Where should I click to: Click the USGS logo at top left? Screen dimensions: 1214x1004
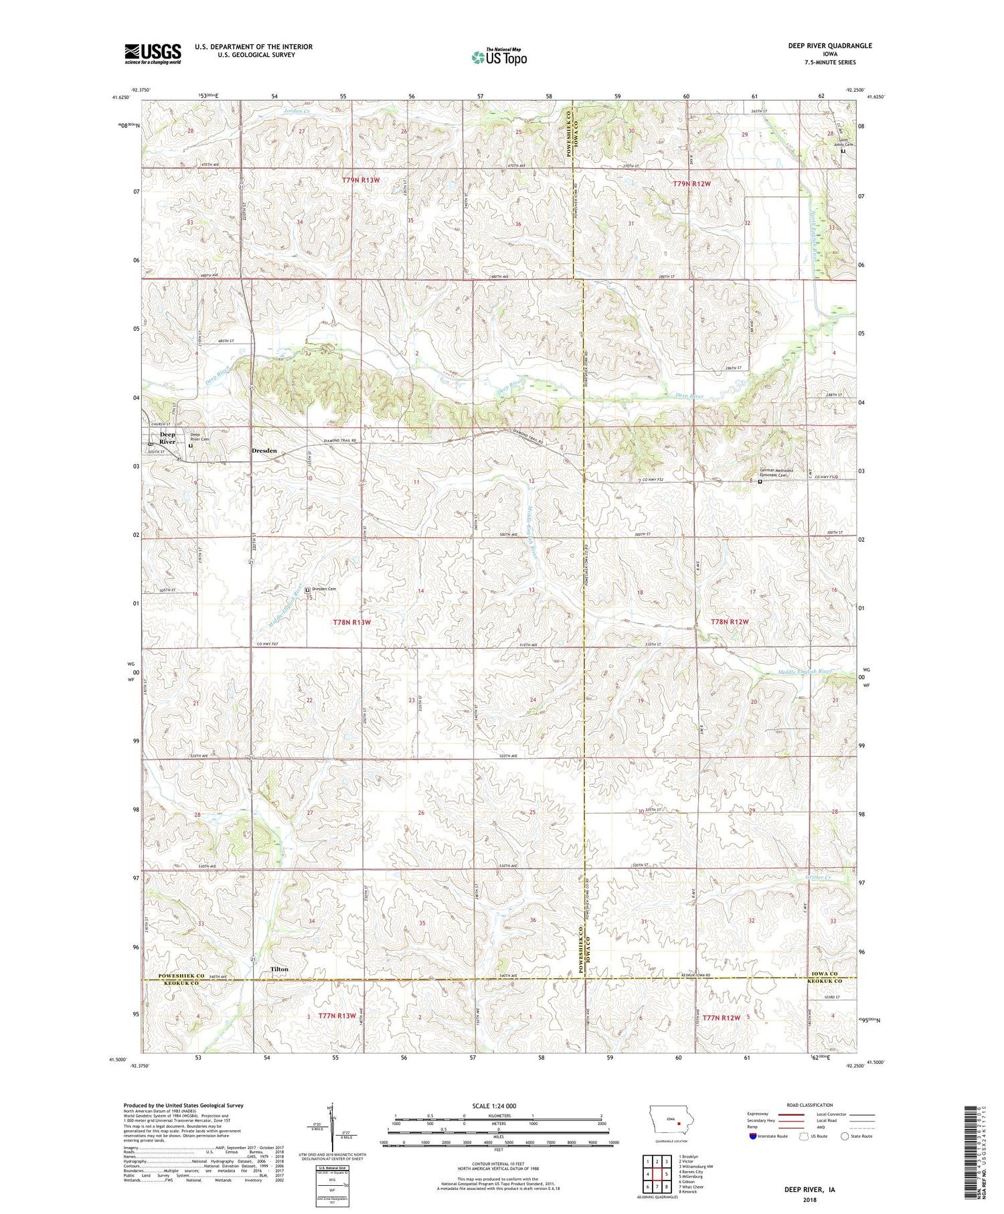point(153,54)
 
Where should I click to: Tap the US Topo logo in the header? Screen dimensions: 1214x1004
point(499,57)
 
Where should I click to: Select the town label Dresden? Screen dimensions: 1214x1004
point(264,451)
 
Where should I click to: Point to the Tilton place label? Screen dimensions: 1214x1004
point(279,969)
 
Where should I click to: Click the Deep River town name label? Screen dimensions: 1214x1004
point(167,438)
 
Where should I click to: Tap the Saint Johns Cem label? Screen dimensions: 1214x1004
point(843,142)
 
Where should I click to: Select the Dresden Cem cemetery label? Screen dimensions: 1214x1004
point(323,589)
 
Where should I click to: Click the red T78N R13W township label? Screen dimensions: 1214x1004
point(351,622)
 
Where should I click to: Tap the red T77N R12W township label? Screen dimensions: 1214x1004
point(721,1018)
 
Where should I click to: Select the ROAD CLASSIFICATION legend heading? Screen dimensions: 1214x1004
point(810,1105)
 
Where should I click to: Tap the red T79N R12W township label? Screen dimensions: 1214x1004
point(692,183)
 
